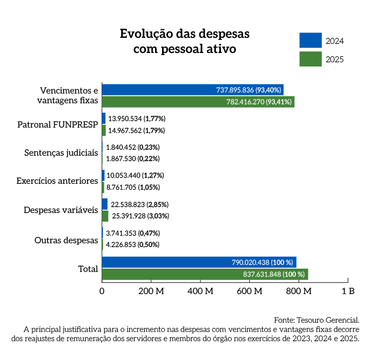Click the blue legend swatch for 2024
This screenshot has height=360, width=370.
pyautogui.click(x=311, y=41)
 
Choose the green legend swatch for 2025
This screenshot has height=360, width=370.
pyautogui.click(x=311, y=59)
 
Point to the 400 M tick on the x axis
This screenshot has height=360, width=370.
pyautogui.click(x=200, y=291)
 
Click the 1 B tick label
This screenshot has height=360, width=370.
pyautogui.click(x=348, y=291)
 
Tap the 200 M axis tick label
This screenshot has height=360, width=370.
pyautogui.click(x=151, y=291)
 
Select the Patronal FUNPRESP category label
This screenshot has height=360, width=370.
pyautogui.click(x=58, y=124)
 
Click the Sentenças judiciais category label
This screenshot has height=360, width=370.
pyautogui.click(x=61, y=153)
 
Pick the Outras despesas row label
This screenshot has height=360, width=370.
pyautogui.click(x=66, y=240)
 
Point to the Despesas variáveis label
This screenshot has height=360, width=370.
pyautogui.click(x=60, y=210)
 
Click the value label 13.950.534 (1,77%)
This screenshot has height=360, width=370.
pyautogui.click(x=137, y=118)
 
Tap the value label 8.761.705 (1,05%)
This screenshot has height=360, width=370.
pyautogui.click(x=133, y=187)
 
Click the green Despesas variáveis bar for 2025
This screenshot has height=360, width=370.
pyautogui.click(x=105, y=216)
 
